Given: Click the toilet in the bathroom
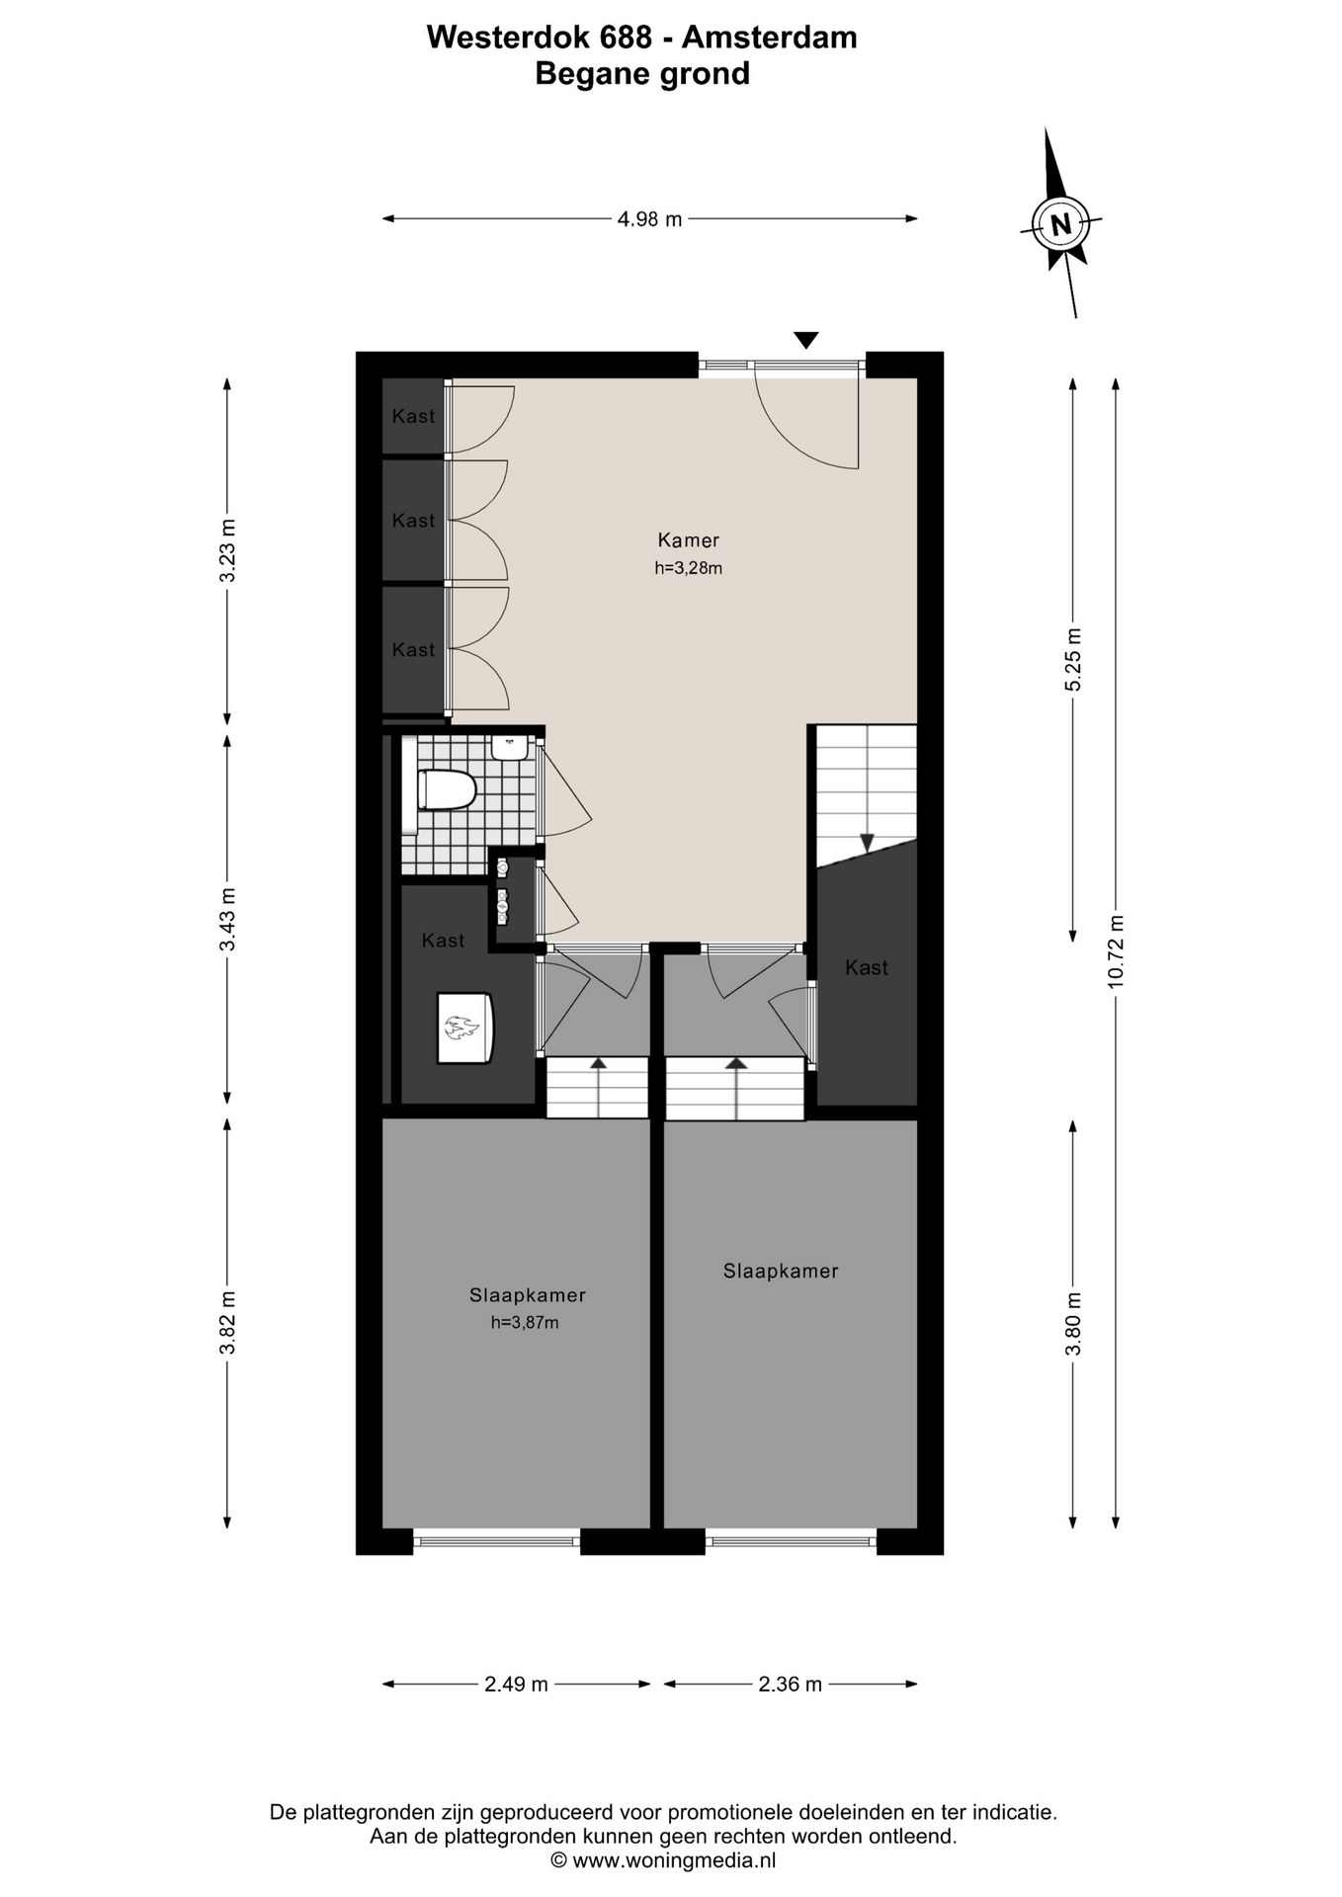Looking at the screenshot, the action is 448,790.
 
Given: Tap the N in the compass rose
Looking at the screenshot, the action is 1061,223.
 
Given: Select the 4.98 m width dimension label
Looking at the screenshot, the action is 649,219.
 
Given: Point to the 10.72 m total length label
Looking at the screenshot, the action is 1117,950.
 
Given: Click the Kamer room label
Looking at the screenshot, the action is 689,540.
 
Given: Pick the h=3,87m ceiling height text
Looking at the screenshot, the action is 525,1323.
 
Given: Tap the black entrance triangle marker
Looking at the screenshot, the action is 806,340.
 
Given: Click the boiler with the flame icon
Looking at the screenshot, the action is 465,1028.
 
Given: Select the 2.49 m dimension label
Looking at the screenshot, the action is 516,1685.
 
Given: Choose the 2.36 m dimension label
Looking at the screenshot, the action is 790,1685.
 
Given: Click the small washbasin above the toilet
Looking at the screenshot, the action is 510,747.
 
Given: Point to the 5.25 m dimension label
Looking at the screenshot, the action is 1074,660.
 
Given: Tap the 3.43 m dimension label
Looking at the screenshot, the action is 228,919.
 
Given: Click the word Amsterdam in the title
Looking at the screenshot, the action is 770,38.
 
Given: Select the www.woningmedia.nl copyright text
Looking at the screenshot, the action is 663,1860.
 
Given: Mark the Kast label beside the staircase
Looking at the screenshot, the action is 867,968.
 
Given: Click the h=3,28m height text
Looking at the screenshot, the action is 689,568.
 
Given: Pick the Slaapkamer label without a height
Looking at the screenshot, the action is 781,1272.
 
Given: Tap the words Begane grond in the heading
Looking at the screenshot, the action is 642,74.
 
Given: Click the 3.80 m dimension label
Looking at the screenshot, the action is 1074,1324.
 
